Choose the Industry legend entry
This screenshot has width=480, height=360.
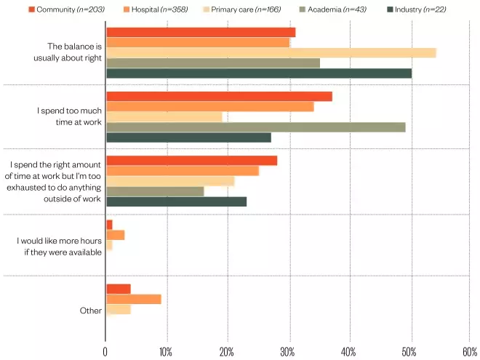click(418, 9)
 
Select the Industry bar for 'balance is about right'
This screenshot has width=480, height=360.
click(258, 73)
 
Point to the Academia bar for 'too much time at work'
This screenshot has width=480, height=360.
click(255, 127)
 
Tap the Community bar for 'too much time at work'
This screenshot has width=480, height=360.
click(219, 97)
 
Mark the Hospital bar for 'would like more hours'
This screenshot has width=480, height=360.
click(115, 235)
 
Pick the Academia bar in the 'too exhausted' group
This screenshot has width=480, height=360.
click(155, 191)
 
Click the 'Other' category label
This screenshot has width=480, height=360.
click(90, 311)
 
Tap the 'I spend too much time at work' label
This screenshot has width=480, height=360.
click(70, 116)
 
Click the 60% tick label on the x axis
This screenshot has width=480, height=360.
click(470, 352)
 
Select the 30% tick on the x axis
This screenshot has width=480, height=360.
click(288, 352)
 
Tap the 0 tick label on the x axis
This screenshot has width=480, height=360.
click(105, 352)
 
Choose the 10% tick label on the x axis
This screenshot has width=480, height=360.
click(166, 352)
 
